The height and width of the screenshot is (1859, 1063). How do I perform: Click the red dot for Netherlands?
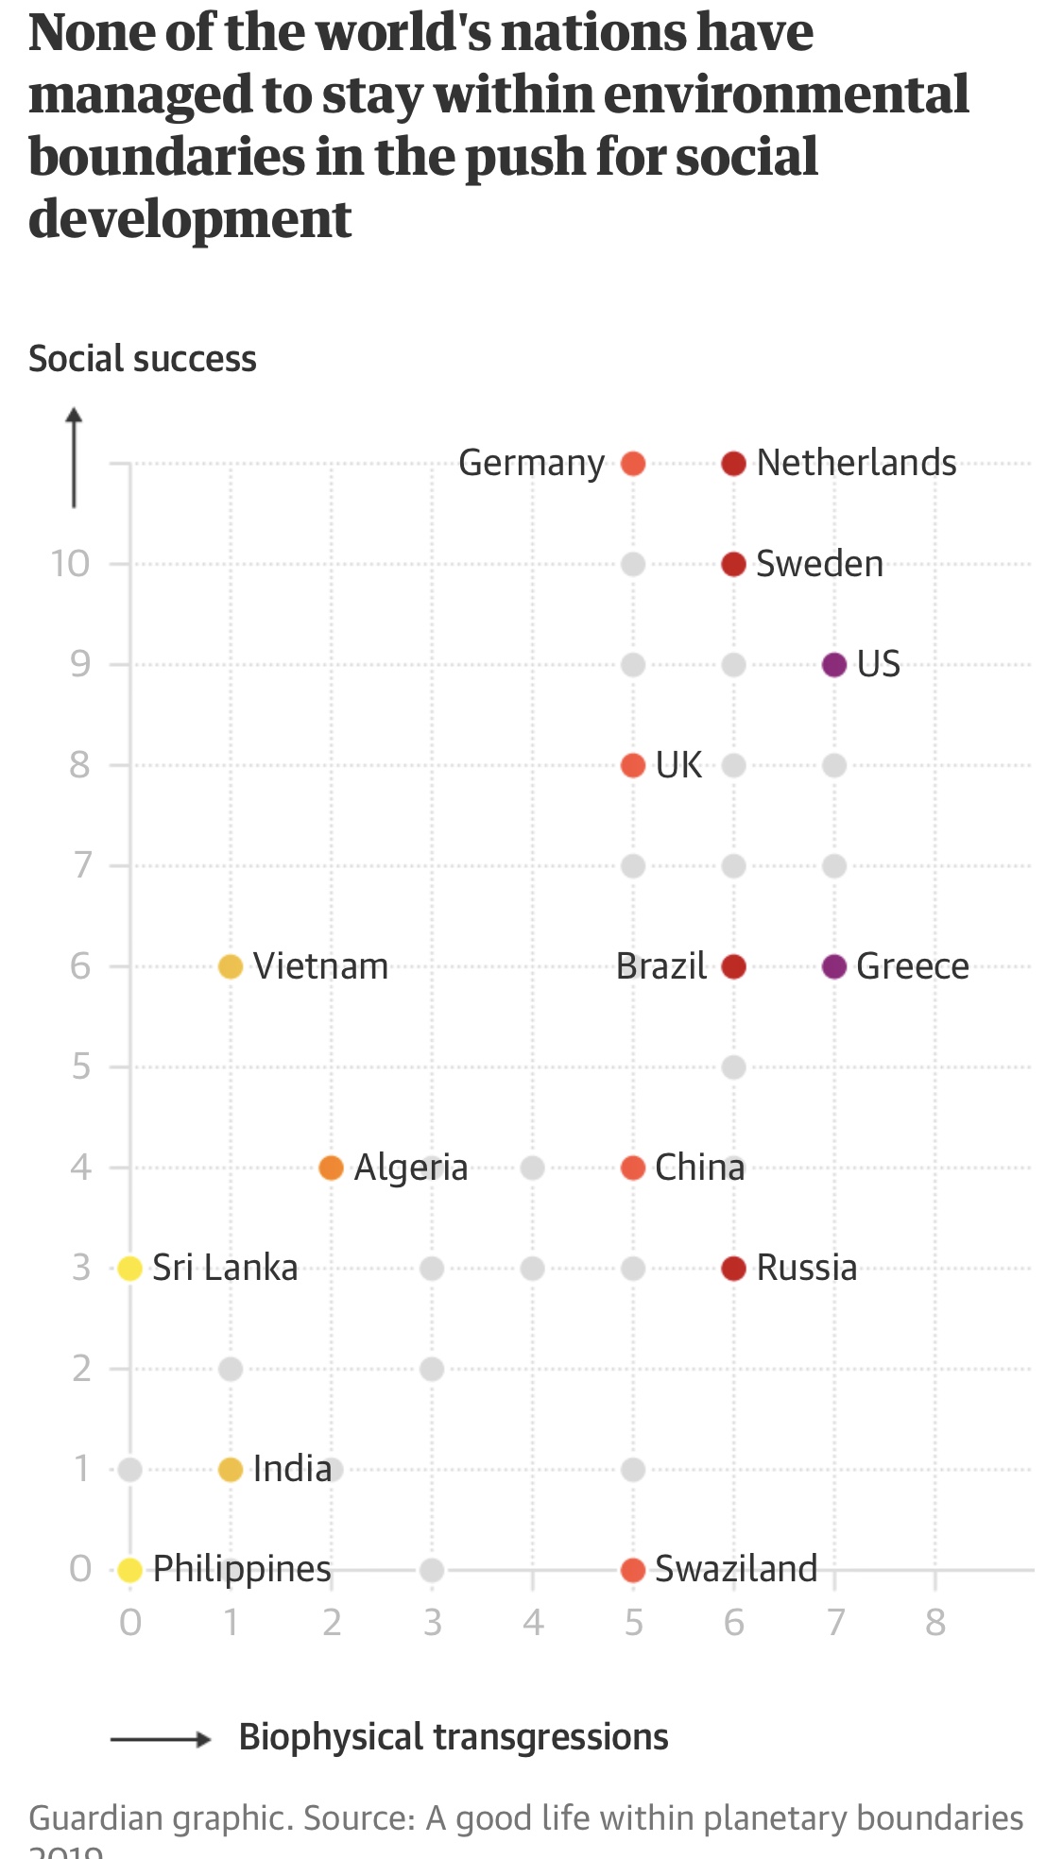[x=733, y=464]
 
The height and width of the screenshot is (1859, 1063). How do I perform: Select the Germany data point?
[x=633, y=464]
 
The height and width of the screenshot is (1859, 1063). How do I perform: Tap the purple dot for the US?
[x=833, y=665]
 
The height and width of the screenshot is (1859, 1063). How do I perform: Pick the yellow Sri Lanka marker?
[x=130, y=1268]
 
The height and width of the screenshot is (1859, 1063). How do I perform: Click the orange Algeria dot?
[x=331, y=1168]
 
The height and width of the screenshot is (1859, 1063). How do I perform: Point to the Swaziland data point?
[x=633, y=1570]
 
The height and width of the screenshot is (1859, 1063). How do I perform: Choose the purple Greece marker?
[x=833, y=966]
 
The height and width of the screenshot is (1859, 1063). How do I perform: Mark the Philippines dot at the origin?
[x=130, y=1570]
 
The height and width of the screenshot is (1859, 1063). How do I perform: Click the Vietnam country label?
[x=320, y=966]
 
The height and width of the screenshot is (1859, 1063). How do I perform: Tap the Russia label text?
[x=806, y=1268]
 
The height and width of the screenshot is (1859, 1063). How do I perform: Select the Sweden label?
[x=819, y=564]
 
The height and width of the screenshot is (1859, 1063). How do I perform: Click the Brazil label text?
[x=660, y=966]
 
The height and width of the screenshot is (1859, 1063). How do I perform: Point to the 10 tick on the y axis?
[x=70, y=564]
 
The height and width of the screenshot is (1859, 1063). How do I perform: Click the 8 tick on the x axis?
[x=934, y=1622]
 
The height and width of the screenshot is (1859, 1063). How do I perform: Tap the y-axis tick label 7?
[x=82, y=865]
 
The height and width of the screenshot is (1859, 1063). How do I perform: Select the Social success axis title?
[x=143, y=359]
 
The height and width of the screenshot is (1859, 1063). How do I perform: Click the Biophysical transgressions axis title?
[x=454, y=1737]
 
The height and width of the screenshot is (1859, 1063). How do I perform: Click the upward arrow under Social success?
[x=74, y=458]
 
